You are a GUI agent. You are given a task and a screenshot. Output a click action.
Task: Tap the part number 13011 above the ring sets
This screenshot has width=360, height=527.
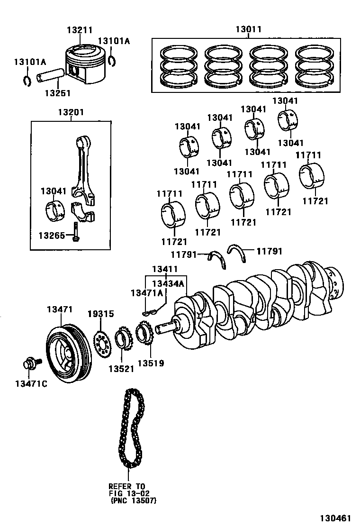coord(248,29)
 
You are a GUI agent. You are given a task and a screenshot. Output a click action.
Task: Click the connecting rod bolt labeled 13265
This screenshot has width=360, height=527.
coord(76,231)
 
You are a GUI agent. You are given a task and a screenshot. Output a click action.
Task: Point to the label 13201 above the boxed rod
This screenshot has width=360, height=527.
coord(71,112)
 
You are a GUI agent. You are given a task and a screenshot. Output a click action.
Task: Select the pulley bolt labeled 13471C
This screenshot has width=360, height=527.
coord(30,364)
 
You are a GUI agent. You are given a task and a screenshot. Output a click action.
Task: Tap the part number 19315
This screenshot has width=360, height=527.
coord(100,314)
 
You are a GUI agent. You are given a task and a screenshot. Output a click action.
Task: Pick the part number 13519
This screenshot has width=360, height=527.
coord(151,363)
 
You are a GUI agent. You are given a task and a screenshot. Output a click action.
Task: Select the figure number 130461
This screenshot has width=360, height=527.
coord(337,518)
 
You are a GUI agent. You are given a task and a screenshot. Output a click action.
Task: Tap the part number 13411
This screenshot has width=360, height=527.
coord(165,270)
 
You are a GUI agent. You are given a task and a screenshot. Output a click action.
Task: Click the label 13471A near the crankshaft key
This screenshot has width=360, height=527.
coord(146,293)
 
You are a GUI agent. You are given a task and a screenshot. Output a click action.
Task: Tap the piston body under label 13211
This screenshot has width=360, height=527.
coord(82,66)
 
